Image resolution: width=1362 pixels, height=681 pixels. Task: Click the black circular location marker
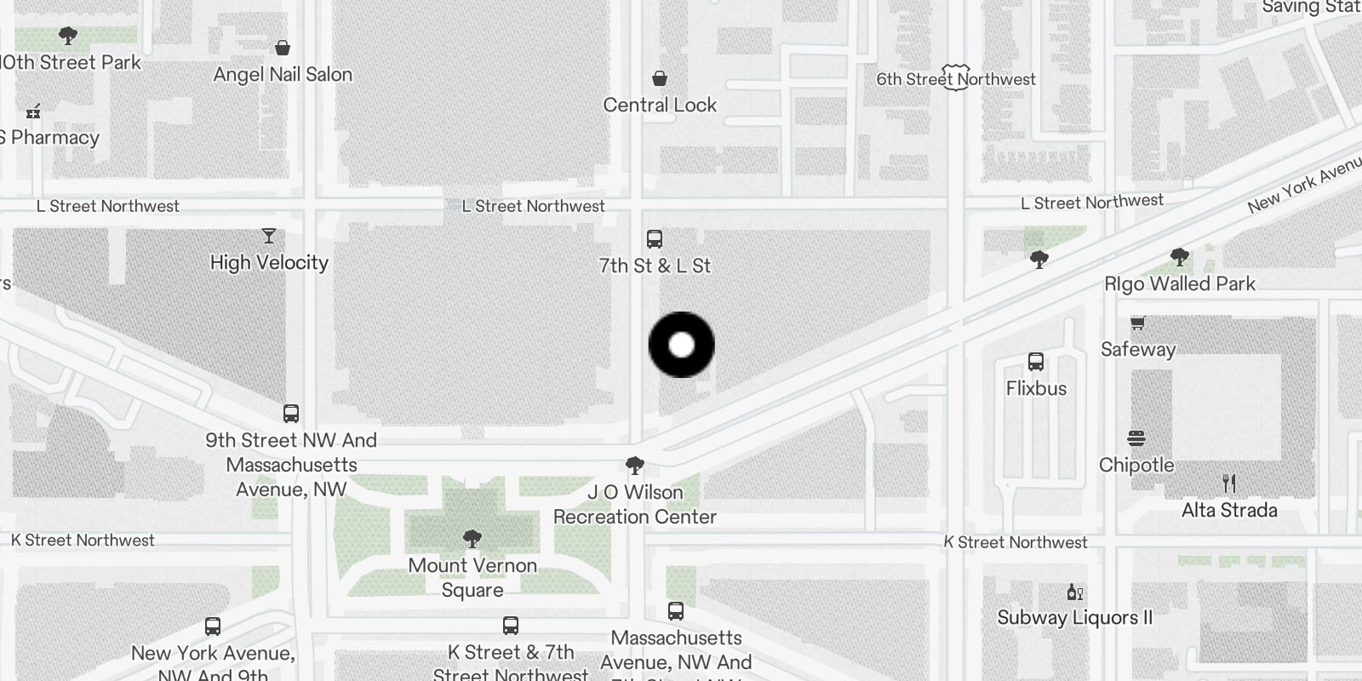[x=681, y=345]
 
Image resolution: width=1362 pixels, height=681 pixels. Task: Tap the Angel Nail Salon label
[x=283, y=75]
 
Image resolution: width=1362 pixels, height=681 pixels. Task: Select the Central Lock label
[x=660, y=106]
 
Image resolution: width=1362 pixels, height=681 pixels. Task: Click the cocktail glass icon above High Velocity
[x=269, y=236]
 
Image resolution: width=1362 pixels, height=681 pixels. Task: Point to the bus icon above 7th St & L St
[x=655, y=238]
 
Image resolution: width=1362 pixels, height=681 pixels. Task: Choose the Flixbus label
[x=1036, y=388]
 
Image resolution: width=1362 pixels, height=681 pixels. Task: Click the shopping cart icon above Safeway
[x=1137, y=323]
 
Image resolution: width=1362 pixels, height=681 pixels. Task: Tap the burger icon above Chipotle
[x=1136, y=439]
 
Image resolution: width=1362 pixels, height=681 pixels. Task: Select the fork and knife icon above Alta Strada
[x=1229, y=484]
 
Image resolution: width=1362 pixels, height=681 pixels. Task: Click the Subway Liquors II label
[x=1074, y=617]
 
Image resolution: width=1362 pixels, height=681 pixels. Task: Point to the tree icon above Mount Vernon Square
[x=472, y=539]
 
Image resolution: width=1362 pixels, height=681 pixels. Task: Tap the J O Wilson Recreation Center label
[x=635, y=504]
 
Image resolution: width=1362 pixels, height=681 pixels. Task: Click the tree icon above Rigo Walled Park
[x=1179, y=256]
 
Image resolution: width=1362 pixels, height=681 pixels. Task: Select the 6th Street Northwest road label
[x=956, y=79]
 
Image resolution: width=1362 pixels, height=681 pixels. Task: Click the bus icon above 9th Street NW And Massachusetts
[x=291, y=414]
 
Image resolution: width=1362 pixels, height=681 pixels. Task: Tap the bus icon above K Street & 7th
[x=511, y=626]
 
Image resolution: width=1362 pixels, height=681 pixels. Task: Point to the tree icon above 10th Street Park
[x=68, y=36]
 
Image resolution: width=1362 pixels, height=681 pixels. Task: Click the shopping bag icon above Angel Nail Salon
[x=283, y=48]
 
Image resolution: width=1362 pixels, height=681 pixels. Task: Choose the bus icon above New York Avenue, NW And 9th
[x=213, y=627]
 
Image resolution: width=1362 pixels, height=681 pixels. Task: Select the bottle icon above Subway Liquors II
[x=1074, y=592]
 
